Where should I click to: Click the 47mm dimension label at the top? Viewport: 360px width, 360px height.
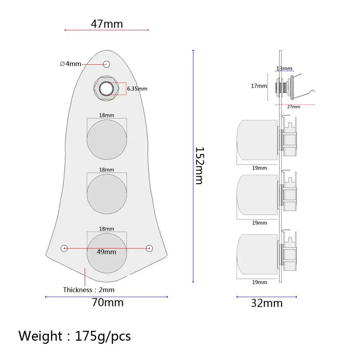[107, 24]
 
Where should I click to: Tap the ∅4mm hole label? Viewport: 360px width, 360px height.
[70, 64]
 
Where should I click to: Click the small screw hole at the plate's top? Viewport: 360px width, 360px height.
[106, 64]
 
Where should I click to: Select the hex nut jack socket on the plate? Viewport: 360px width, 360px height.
[106, 88]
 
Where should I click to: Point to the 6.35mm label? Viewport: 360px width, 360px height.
[137, 88]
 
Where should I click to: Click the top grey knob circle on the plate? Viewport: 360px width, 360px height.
[107, 140]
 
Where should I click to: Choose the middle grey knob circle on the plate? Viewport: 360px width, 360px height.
[107, 194]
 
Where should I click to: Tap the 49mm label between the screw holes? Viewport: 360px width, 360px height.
[106, 252]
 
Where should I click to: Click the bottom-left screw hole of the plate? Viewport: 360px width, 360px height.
[64, 248]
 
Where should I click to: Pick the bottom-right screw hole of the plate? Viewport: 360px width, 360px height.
[149, 248]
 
